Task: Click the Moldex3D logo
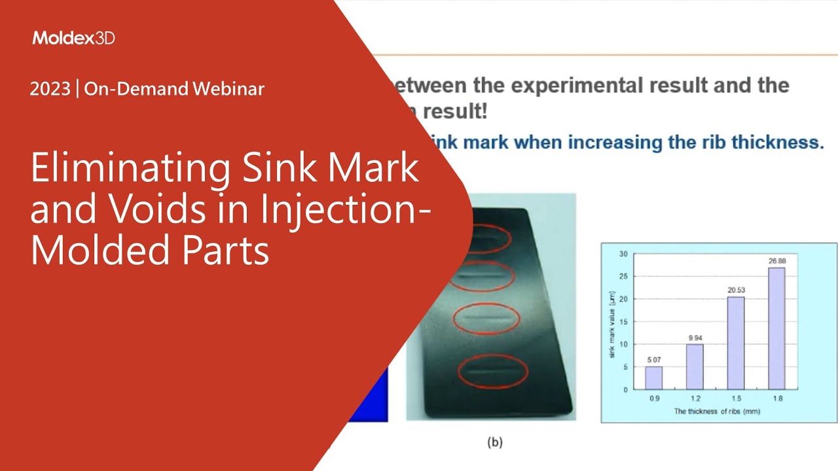[x=73, y=38]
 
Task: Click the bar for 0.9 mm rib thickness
[x=653, y=377]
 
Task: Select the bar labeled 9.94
[x=694, y=366]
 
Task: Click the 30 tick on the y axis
[x=623, y=254]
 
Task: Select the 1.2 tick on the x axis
[x=694, y=398]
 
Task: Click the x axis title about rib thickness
[x=716, y=411]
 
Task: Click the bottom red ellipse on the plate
[x=488, y=372]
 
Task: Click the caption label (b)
[x=495, y=442]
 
